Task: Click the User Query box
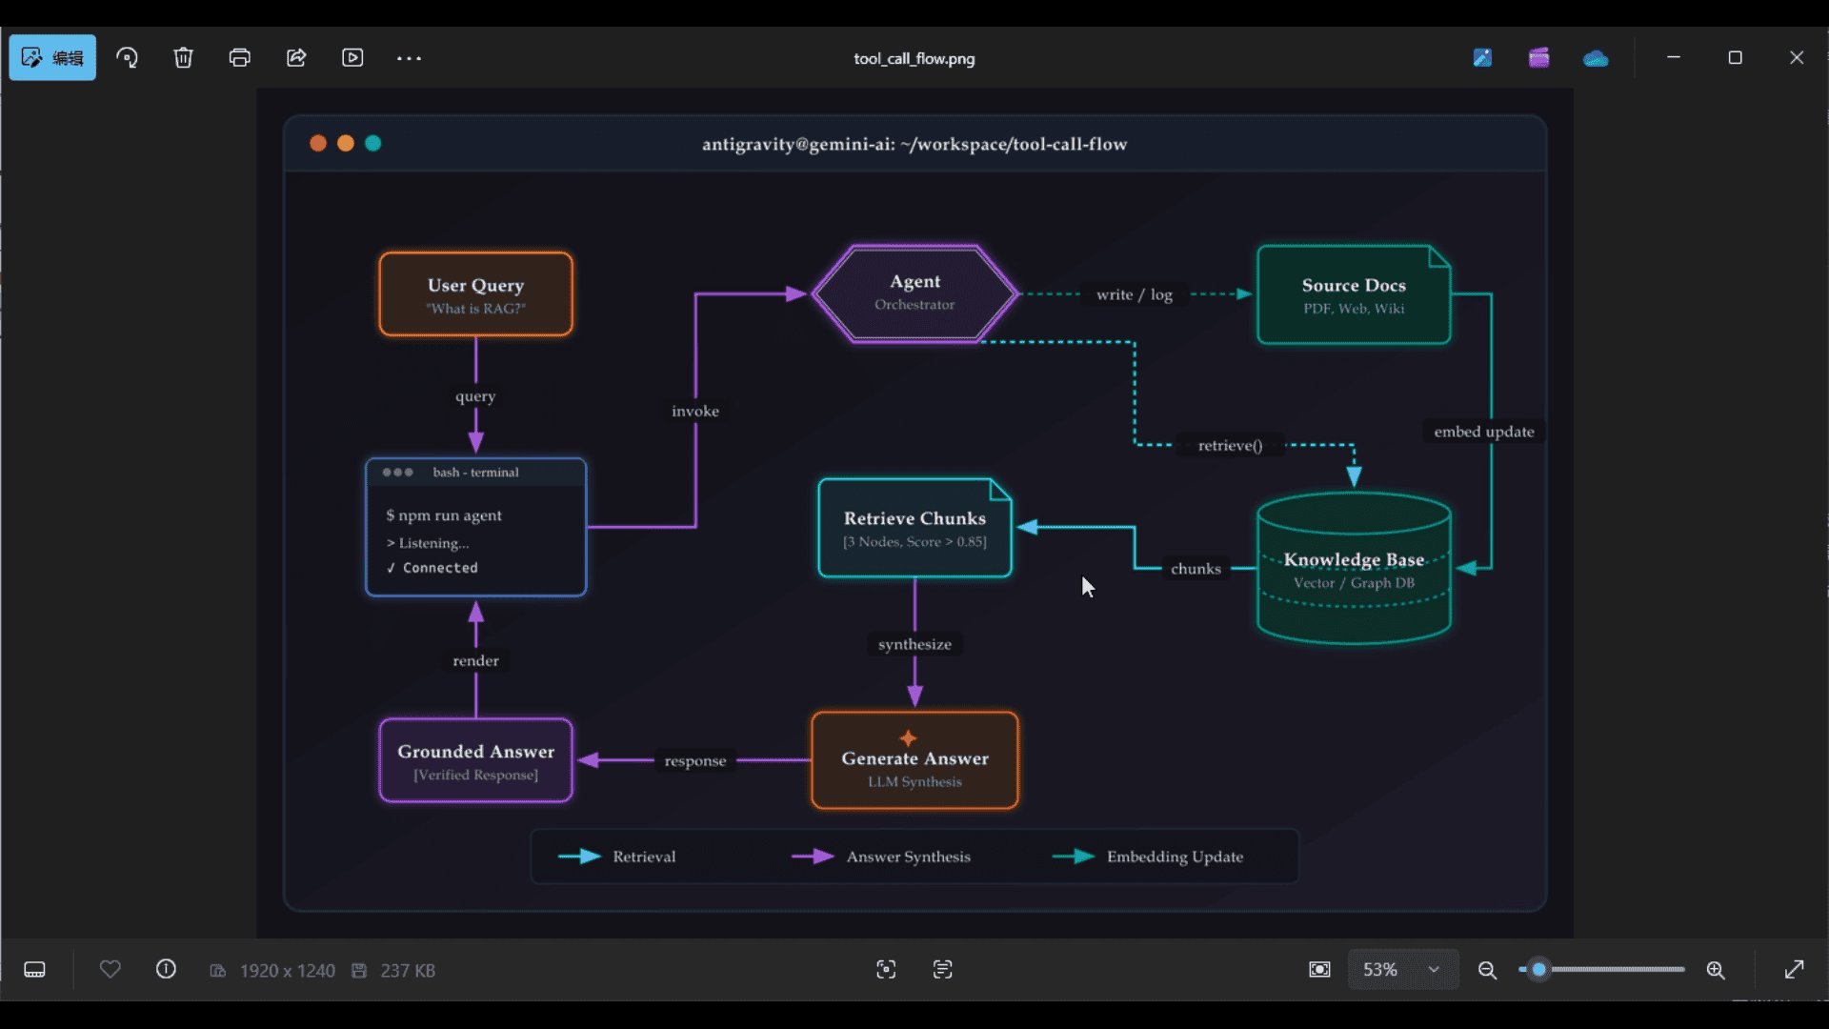(x=475, y=294)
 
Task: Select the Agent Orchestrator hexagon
(x=914, y=293)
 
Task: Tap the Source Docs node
(x=1354, y=294)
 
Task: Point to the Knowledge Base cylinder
(x=1354, y=568)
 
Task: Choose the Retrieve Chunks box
(x=914, y=528)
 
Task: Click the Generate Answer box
(x=914, y=760)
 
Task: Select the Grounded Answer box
(x=475, y=760)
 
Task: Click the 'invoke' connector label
(x=695, y=411)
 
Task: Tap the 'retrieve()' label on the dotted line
(x=1230, y=445)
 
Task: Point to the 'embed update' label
(x=1484, y=432)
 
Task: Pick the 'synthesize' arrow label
(x=914, y=644)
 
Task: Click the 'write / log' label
(x=1134, y=294)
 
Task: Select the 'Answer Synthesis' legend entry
(x=881, y=857)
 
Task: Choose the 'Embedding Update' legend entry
(x=1148, y=857)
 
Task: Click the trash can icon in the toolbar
(x=183, y=58)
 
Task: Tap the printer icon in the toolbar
(x=239, y=58)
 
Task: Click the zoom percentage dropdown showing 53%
(x=1402, y=970)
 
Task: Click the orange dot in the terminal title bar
(x=318, y=143)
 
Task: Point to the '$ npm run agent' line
(x=444, y=515)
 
